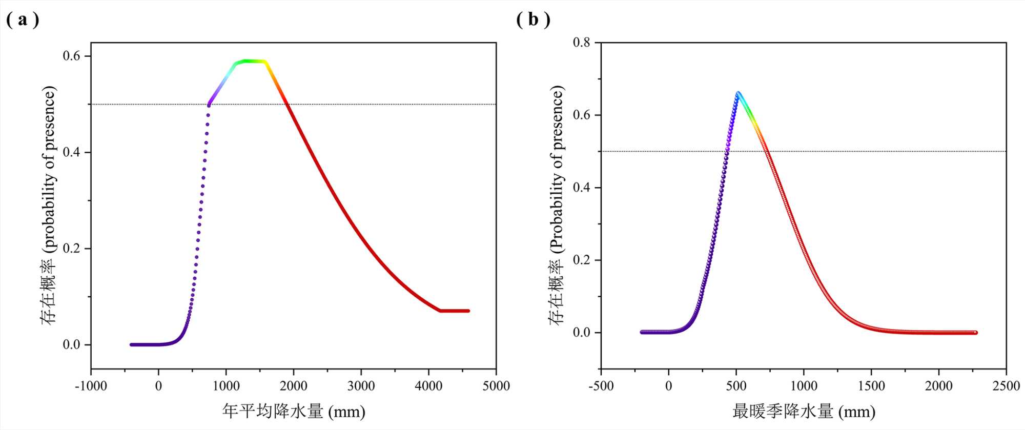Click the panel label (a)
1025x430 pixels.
[23, 20]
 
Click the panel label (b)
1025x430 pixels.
[533, 20]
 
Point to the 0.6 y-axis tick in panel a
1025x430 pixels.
[72, 56]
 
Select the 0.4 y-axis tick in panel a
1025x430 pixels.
[72, 152]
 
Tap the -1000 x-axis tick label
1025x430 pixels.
[91, 386]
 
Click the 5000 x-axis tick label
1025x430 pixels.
[496, 386]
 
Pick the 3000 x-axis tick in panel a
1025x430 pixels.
[361, 386]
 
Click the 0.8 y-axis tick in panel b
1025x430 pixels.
[581, 42]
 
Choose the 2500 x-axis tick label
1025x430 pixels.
[1006, 386]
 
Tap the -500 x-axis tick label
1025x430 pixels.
[601, 386]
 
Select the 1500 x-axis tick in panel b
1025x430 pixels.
[871, 386]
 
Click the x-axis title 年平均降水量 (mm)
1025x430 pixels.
[294, 411]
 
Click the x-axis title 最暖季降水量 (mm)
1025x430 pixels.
[804, 411]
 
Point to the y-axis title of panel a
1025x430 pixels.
[49, 205]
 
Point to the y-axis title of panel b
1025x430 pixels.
[557, 205]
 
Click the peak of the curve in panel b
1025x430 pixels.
[738, 93]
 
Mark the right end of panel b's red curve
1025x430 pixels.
[975, 333]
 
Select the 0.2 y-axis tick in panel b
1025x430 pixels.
[581, 260]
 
